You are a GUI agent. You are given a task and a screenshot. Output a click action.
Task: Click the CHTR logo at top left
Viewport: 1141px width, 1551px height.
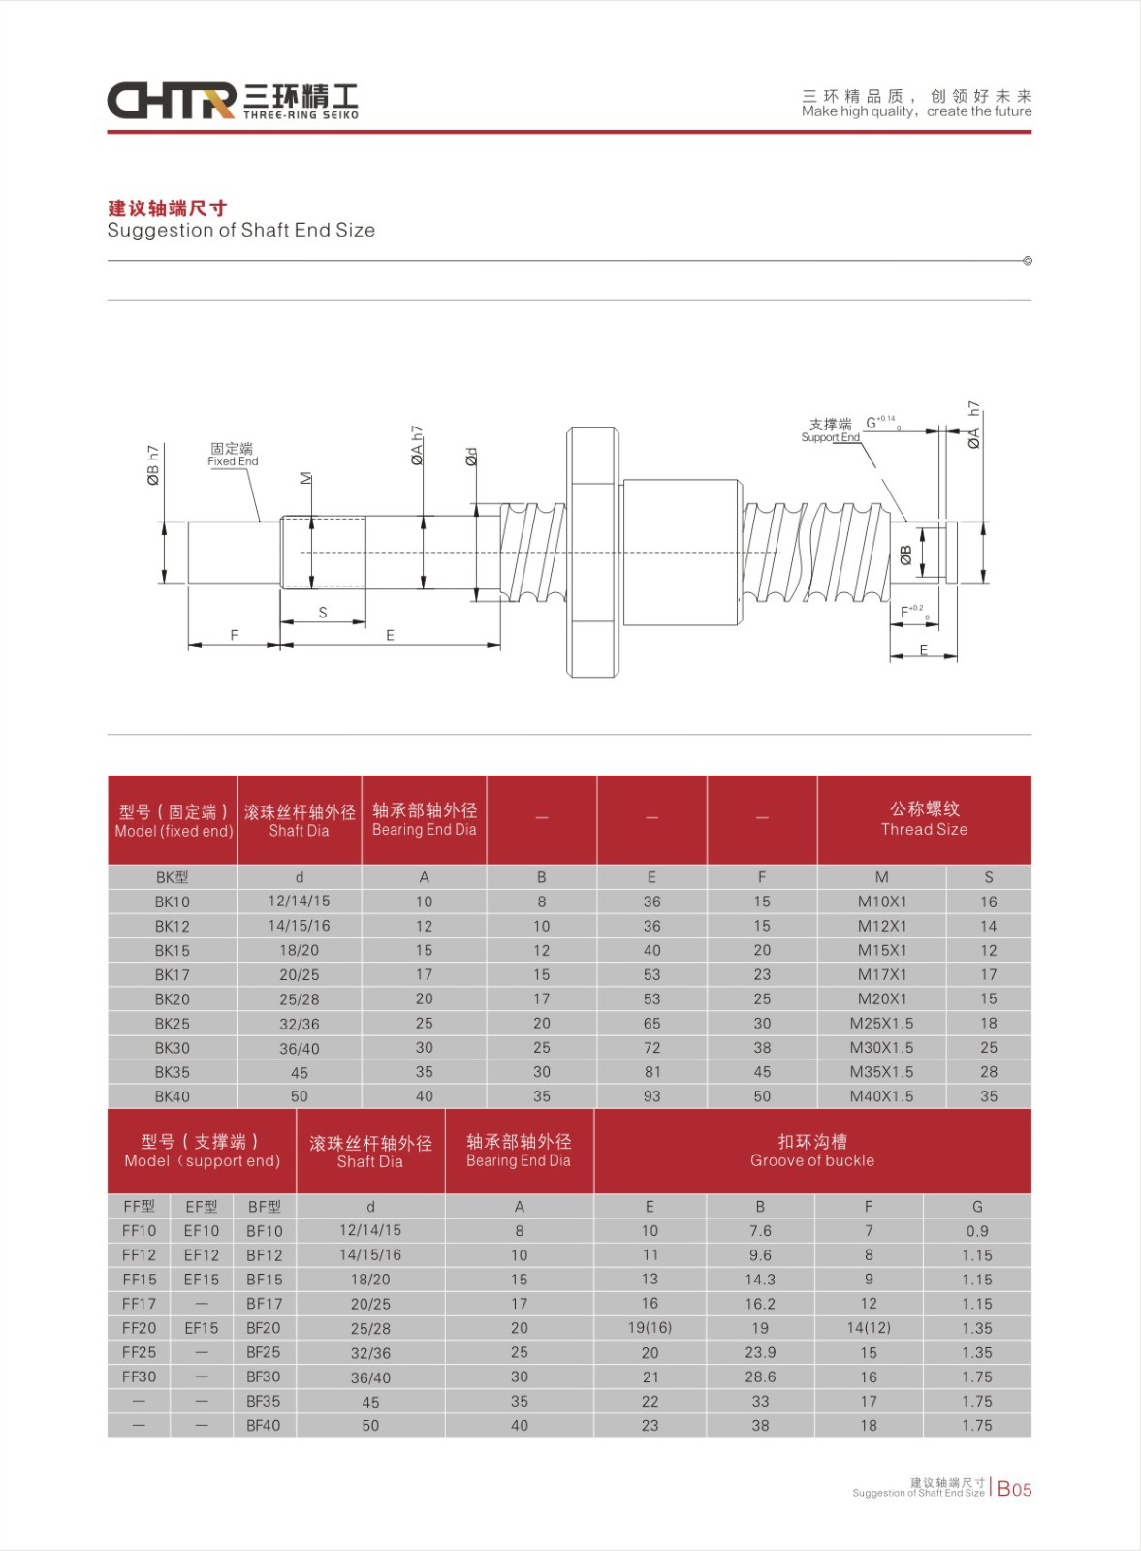172,100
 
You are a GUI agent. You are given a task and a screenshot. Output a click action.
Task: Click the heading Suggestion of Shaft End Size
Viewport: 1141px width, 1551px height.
240,231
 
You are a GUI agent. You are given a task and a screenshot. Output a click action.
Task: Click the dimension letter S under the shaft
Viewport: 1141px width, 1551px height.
323,613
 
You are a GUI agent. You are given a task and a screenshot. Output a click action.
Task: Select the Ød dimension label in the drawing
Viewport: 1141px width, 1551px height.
471,457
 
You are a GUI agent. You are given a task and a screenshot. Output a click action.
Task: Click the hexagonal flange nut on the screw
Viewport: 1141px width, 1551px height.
592,552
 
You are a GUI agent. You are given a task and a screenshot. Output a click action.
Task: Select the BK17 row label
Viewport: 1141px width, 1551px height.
173,974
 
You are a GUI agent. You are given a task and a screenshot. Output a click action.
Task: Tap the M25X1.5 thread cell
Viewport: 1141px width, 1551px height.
881,1023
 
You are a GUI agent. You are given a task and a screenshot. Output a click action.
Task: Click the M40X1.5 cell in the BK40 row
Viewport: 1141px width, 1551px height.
881,1096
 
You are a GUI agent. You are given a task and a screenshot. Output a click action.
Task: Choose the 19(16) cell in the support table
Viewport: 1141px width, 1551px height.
650,1328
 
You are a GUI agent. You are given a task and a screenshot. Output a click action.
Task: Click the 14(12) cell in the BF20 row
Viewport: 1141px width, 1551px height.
869,1328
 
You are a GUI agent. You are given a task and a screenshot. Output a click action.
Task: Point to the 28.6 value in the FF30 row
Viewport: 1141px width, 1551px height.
760,1377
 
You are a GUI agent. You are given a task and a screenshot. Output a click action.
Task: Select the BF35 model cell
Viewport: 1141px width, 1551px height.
264,1401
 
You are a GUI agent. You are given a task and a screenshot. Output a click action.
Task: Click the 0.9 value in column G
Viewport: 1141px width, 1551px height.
977,1231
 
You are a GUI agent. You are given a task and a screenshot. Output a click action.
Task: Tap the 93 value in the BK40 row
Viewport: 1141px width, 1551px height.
651,1096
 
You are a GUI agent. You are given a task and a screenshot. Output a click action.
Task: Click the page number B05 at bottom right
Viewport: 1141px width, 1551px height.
1015,1489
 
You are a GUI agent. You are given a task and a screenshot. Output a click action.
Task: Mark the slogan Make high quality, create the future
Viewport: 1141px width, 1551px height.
916,111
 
